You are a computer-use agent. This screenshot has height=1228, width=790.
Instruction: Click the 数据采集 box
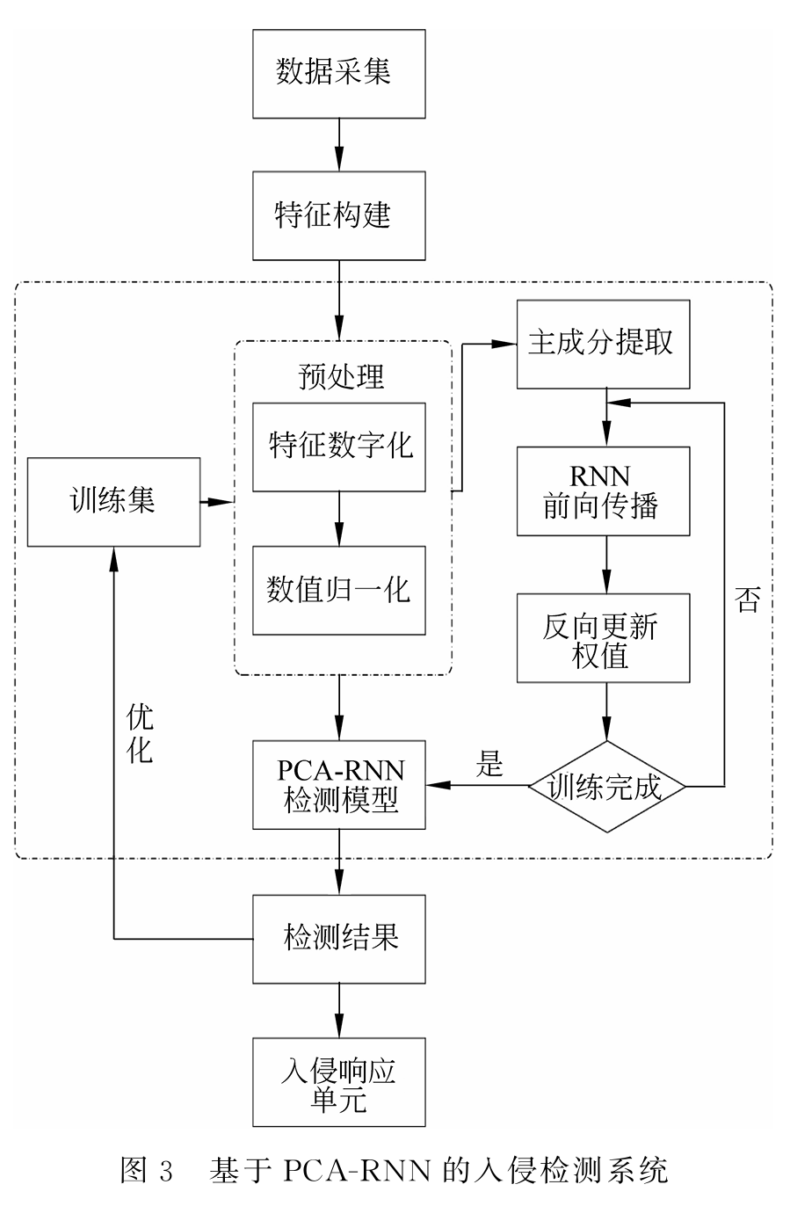click(x=338, y=74)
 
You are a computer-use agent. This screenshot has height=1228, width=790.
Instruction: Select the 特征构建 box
click(x=338, y=215)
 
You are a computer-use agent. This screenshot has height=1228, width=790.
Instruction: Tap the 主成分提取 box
click(x=603, y=344)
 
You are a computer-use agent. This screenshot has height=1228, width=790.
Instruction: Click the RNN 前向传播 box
click(x=603, y=491)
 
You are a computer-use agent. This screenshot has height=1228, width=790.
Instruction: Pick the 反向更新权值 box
click(x=603, y=638)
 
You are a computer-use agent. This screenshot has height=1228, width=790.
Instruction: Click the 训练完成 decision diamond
click(x=605, y=786)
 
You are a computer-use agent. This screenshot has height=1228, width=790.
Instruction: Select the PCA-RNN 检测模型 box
click(x=338, y=785)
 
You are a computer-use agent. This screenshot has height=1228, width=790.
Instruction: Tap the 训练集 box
click(x=113, y=502)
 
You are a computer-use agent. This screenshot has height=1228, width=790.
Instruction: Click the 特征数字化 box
click(x=338, y=447)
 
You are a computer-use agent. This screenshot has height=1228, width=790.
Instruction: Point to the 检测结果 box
click(x=338, y=939)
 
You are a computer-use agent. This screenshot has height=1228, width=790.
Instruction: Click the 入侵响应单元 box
click(x=338, y=1083)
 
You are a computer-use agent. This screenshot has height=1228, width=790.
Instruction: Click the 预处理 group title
click(x=342, y=375)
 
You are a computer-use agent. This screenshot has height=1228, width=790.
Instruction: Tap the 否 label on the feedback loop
click(x=747, y=600)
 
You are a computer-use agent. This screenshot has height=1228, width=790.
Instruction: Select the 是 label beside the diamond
click(x=489, y=763)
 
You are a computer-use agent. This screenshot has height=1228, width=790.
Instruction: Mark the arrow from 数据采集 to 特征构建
click(x=338, y=145)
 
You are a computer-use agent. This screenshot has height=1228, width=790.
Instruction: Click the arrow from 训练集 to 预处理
click(x=217, y=502)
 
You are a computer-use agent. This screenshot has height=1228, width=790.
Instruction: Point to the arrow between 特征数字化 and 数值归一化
click(x=338, y=519)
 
